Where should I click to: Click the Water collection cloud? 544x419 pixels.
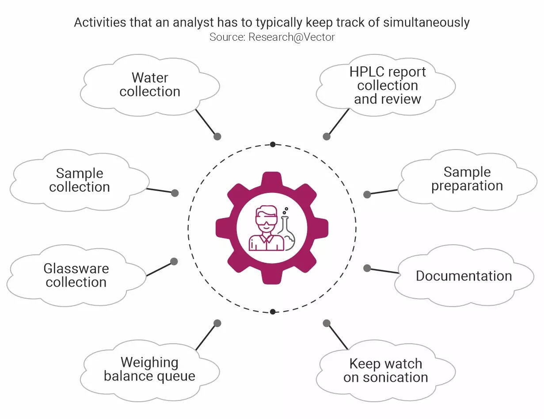click(x=150, y=85)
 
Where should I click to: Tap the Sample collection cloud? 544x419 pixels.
click(x=80, y=180)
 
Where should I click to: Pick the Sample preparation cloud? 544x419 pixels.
click(x=467, y=179)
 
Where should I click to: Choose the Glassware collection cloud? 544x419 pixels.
click(x=76, y=275)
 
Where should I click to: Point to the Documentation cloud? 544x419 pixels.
click(x=464, y=276)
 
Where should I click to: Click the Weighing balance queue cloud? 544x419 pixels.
click(x=149, y=369)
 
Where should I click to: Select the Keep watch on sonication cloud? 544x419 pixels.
click(x=385, y=370)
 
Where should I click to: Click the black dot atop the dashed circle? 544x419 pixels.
click(x=273, y=144)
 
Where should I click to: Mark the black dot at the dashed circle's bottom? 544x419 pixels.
click(x=273, y=311)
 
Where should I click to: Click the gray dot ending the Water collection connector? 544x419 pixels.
click(x=217, y=137)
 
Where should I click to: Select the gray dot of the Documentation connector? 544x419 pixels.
click(x=367, y=268)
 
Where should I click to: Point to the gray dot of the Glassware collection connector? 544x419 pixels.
click(x=174, y=261)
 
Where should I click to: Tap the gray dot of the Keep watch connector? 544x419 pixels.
click(x=327, y=323)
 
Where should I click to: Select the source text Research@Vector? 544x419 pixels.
click(x=292, y=37)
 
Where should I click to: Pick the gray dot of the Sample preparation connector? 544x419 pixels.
click(x=367, y=194)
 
